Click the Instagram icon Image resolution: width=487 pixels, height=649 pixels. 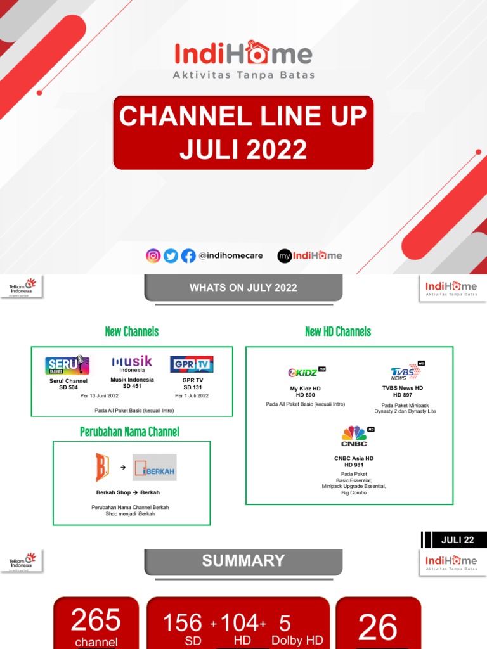[153, 255]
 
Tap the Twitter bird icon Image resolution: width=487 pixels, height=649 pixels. [171, 255]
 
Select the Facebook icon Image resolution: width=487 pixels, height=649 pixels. [188, 255]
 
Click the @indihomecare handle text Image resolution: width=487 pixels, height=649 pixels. [230, 256]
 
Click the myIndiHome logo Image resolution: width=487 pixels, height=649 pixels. [310, 255]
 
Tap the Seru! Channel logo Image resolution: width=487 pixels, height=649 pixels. [67, 365]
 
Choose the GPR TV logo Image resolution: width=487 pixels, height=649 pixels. [192, 364]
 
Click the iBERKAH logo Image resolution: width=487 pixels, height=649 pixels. [154, 468]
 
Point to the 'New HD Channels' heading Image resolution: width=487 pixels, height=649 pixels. [338, 331]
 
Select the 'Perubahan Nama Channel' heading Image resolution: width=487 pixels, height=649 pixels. [129, 432]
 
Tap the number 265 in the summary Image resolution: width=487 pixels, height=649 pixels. [96, 620]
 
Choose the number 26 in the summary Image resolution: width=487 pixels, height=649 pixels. [377, 627]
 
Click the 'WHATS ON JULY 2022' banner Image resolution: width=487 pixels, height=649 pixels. [243, 288]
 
